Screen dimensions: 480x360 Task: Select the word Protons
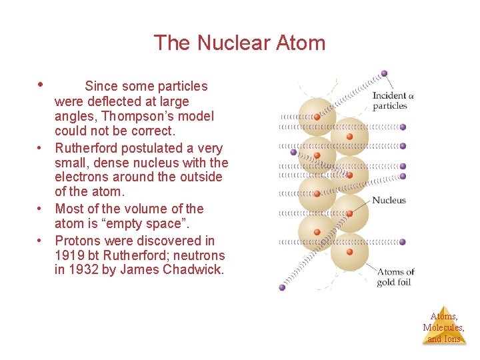click(78, 240)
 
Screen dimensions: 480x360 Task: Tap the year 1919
click(69, 255)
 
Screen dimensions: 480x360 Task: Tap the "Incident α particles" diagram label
click(393, 101)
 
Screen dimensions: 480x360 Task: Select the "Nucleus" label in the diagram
click(389, 200)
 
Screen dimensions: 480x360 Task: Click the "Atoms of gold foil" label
click(395, 277)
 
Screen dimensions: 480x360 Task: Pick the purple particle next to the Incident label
click(384, 74)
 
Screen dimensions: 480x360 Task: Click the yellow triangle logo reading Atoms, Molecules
click(443, 326)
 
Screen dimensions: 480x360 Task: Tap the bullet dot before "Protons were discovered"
click(41, 241)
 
